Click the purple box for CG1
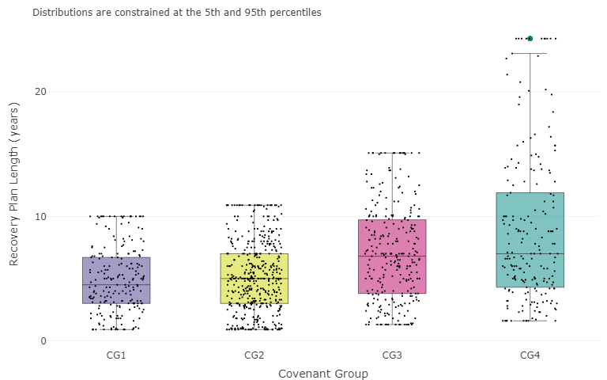116,280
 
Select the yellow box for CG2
254,278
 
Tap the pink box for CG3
392,256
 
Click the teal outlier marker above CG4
530,38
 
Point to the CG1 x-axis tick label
116,355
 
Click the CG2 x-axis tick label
254,355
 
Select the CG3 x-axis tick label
392,355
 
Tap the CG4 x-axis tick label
530,355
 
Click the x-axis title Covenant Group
322,373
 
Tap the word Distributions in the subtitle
61,13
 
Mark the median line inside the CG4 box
530,253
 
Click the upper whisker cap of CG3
392,153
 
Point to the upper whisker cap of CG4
530,53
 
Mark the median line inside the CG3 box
392,256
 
